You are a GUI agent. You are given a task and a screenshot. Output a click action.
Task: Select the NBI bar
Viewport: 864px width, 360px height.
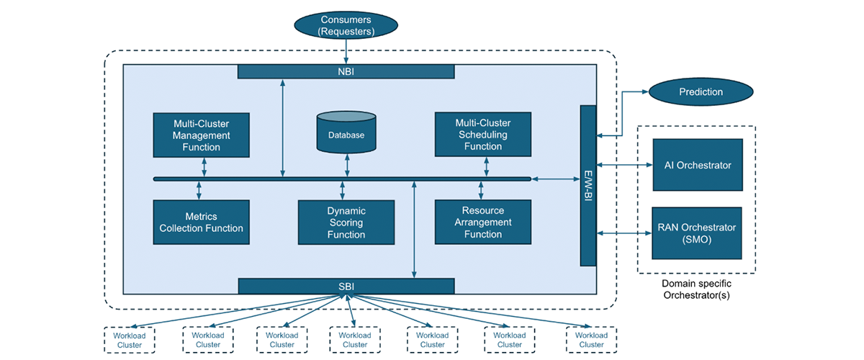(346, 71)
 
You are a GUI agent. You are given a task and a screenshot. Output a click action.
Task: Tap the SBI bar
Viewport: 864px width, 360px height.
(346, 286)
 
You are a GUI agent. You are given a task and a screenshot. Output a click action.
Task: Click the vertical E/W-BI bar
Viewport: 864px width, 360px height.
(588, 185)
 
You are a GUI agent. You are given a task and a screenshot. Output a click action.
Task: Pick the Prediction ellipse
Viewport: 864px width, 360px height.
(701, 92)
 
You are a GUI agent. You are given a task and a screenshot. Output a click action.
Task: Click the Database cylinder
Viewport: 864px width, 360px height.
(346, 133)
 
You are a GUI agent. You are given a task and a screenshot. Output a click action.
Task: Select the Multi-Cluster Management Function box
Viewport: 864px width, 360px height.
(201, 135)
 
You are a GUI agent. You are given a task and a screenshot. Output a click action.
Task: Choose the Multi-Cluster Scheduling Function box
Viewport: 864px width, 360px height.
(482, 135)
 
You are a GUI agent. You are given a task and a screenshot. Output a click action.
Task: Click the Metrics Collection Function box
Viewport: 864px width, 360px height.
(201, 222)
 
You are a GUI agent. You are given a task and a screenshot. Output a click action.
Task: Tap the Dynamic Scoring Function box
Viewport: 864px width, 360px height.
(346, 222)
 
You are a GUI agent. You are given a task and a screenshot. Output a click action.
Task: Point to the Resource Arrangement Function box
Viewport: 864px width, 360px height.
(482, 222)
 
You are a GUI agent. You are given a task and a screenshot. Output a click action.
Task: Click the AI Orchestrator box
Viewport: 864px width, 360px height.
(696, 165)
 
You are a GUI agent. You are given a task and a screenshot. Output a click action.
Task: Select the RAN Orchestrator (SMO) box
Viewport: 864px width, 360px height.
(696, 233)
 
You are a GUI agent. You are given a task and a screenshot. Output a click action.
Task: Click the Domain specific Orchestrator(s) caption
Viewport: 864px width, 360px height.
(696, 289)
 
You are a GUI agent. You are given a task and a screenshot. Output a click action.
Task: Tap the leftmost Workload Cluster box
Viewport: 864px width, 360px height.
(131, 340)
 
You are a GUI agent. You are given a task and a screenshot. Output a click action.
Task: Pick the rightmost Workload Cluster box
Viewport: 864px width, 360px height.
(591, 340)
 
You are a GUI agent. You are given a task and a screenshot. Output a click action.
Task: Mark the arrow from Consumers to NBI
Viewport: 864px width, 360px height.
(346, 52)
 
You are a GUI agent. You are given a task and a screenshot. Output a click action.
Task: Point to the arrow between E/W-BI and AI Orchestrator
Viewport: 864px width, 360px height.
(624, 165)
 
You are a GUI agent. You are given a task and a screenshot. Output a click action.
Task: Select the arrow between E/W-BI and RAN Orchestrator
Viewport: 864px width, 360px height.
(624, 233)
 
